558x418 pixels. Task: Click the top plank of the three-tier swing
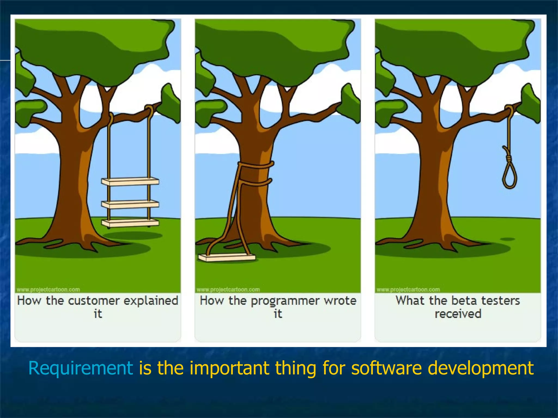[x=130, y=181]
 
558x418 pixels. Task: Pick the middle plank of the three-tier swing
[x=130, y=204]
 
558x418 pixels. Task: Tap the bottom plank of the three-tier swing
[x=130, y=223]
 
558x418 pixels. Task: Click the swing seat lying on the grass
[x=226, y=257]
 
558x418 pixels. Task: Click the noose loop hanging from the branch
[x=509, y=177]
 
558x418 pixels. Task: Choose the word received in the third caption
[x=458, y=314]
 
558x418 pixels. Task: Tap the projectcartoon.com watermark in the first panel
[x=48, y=290]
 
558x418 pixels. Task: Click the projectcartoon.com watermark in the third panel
[x=408, y=290]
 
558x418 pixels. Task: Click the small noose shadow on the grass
[x=507, y=239]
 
